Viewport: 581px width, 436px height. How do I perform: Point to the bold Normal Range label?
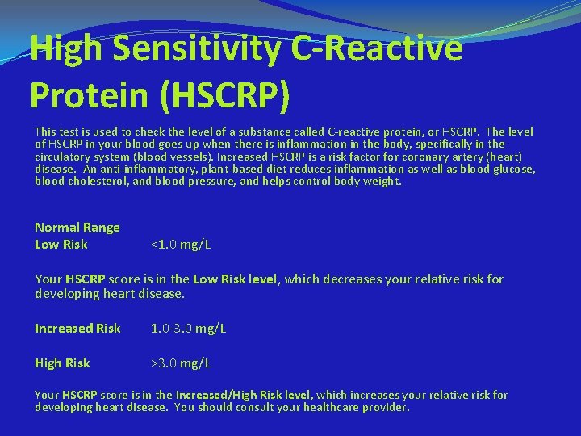[77, 228]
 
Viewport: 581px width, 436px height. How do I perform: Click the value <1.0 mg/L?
[182, 245]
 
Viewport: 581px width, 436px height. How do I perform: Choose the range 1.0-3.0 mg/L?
[189, 329]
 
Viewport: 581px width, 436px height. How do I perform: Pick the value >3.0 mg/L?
[182, 363]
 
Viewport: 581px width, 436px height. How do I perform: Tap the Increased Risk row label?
[77, 329]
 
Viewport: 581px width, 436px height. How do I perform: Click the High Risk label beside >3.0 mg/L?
[62, 363]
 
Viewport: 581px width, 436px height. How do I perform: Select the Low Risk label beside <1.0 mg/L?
[61, 245]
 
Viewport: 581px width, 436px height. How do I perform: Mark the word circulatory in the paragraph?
[65, 157]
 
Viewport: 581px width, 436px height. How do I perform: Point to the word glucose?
[513, 169]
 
